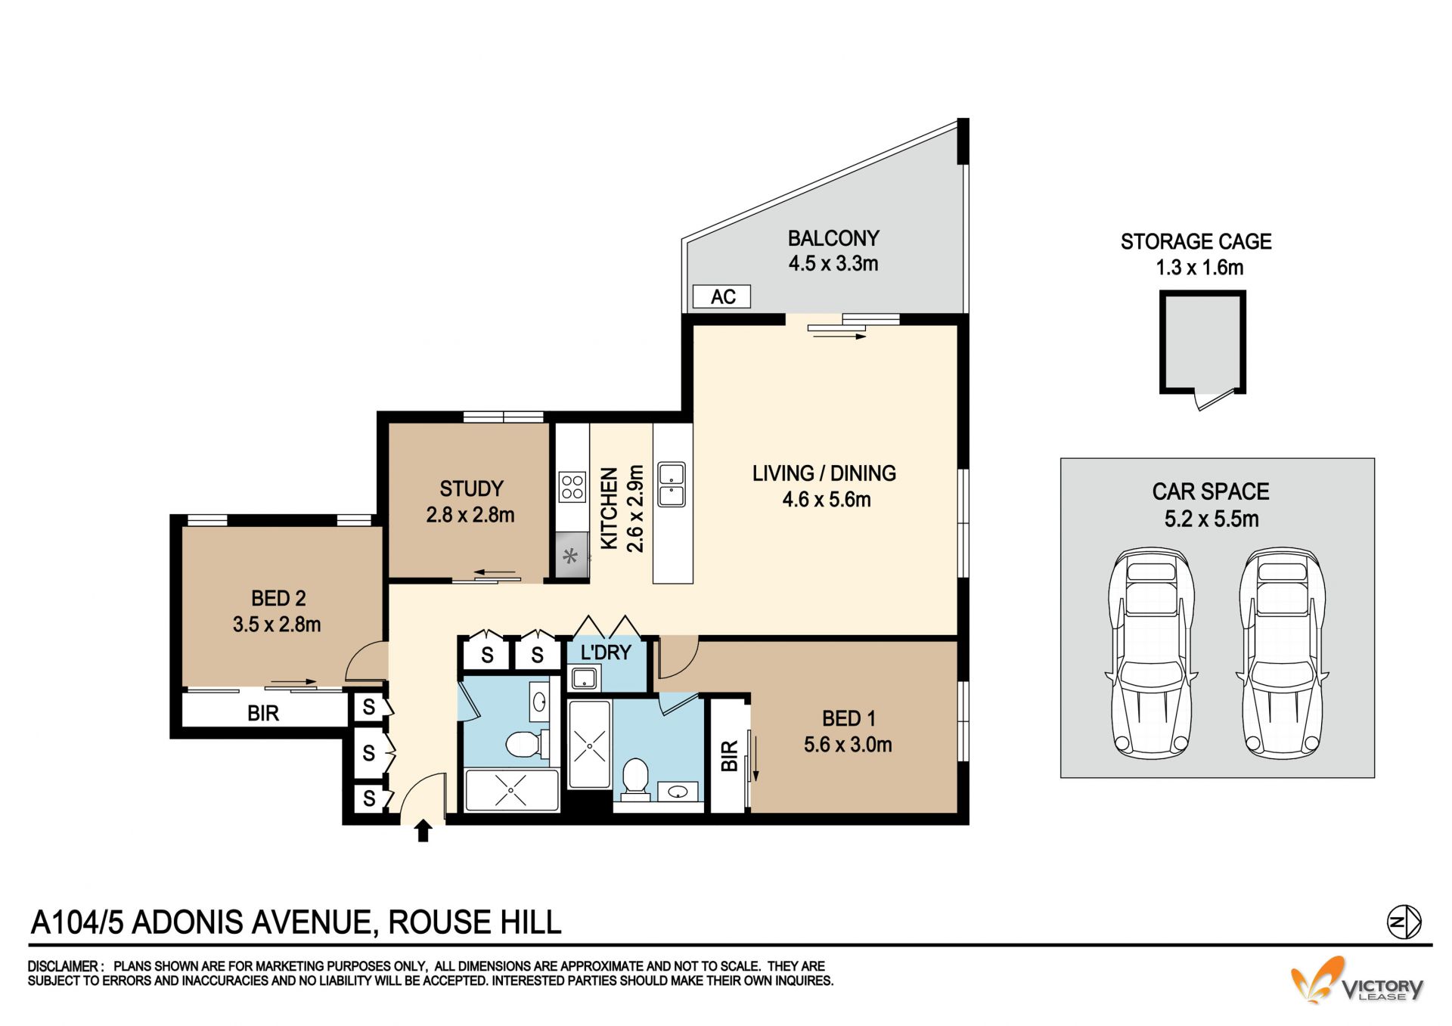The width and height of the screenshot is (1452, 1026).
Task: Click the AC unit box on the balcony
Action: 721,296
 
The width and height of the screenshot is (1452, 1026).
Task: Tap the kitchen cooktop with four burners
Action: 572,487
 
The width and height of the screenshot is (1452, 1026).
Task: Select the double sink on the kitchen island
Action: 672,484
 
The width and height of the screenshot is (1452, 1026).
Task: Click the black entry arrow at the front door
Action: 423,830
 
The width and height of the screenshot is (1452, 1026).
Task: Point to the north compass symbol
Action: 1404,922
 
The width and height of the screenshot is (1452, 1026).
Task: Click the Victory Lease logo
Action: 1357,981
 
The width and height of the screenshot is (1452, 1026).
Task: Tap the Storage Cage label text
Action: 1196,242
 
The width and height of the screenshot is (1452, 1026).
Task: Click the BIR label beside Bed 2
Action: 263,713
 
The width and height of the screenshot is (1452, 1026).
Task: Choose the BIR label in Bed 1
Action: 729,756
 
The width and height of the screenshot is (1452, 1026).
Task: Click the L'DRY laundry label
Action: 605,652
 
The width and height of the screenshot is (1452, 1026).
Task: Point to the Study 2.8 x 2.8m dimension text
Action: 470,515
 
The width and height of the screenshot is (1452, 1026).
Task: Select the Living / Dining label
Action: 824,473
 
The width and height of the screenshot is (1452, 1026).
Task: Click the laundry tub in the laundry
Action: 584,678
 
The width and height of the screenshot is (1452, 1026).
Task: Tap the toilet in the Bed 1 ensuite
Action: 635,779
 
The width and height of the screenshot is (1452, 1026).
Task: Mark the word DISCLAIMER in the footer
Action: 64,966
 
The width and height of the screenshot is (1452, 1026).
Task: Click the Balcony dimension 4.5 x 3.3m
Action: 833,264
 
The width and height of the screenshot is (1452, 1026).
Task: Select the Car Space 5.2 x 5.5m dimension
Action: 1212,519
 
